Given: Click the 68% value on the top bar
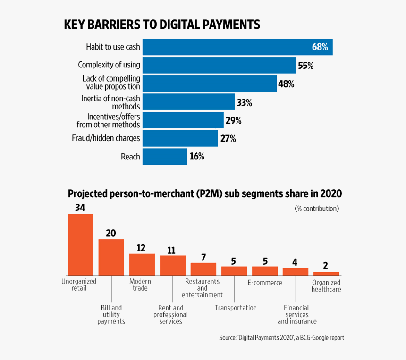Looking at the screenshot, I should [x=320, y=47].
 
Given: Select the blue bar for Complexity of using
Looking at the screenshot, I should [x=219, y=66].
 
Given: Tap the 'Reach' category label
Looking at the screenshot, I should [x=130, y=157].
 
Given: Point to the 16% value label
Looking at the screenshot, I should [x=196, y=157].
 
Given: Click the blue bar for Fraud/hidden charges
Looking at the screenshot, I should [x=180, y=139].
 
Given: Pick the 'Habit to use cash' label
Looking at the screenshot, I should [x=113, y=47].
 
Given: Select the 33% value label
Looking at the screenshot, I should [x=245, y=102].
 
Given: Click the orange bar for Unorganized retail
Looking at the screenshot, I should [x=80, y=244].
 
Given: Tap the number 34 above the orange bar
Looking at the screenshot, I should [x=80, y=208].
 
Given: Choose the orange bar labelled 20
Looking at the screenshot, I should [x=111, y=257].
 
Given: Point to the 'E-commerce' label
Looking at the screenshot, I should [x=265, y=283].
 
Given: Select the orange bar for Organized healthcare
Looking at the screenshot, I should [x=326, y=273].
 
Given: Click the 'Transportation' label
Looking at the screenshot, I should [x=236, y=308].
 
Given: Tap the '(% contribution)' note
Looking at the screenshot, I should [x=317, y=208].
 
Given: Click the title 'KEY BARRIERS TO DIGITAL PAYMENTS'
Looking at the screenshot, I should [x=162, y=25].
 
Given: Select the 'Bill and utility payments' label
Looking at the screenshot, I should [x=111, y=314].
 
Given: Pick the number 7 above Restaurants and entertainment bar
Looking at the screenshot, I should [x=203, y=257].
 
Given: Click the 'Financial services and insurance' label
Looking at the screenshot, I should [x=296, y=314].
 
